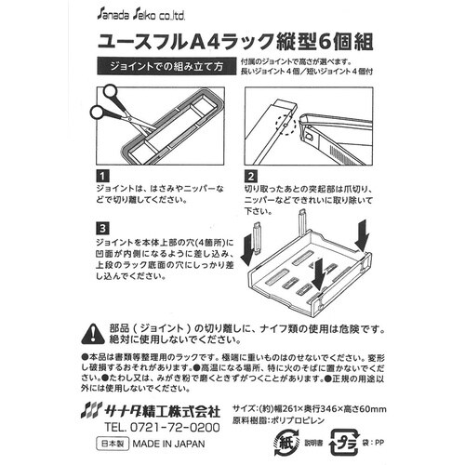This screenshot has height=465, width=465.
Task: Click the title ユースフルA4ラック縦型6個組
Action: point(232,41)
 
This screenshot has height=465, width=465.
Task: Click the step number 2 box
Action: point(250,175)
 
